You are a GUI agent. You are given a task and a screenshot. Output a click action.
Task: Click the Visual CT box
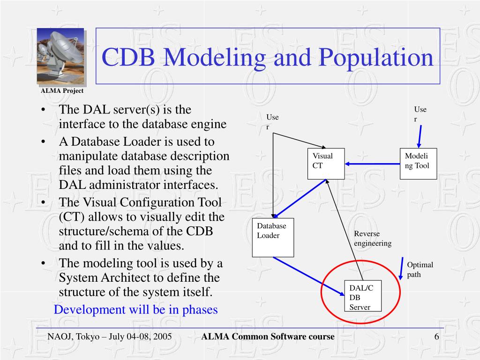[x=326, y=164]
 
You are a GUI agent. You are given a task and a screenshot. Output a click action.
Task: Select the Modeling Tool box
[x=418, y=164]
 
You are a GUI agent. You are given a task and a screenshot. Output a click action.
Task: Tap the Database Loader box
[x=273, y=237]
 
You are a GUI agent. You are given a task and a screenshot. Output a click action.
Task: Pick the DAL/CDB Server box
[x=362, y=297]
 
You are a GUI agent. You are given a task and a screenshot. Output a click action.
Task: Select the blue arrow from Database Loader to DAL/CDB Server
[x=309, y=277]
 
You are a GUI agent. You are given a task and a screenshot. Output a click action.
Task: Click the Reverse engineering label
[x=372, y=239]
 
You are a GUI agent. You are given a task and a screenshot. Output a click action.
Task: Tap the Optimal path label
[x=420, y=270]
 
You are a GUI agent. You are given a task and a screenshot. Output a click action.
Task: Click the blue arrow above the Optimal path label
[x=401, y=268]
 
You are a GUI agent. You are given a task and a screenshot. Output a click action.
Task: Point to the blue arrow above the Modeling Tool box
[x=420, y=136]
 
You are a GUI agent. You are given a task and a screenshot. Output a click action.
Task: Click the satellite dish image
[x=60, y=56]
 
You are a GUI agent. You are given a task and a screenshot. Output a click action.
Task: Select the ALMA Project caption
[x=62, y=91]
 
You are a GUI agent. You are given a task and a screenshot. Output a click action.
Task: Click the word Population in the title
[x=376, y=57]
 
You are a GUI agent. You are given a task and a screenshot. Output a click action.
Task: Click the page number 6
[x=436, y=337]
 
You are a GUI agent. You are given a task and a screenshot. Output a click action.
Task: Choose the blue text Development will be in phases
[x=136, y=310]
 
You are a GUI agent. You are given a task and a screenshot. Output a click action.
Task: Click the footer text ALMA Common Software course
[x=268, y=337]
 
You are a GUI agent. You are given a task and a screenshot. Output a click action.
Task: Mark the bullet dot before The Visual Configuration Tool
[x=44, y=202]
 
